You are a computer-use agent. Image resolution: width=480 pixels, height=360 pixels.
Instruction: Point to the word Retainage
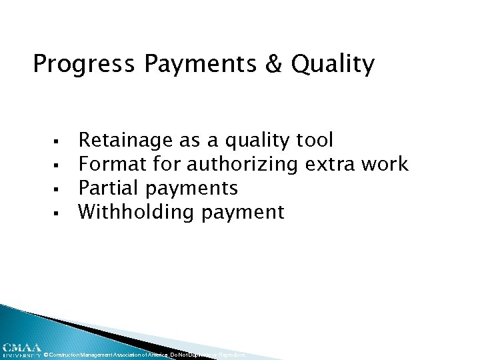click(127, 141)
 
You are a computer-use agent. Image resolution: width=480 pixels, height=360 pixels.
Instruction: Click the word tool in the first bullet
click(313, 140)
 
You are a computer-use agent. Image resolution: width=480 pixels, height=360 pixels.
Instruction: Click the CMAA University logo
click(21, 350)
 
